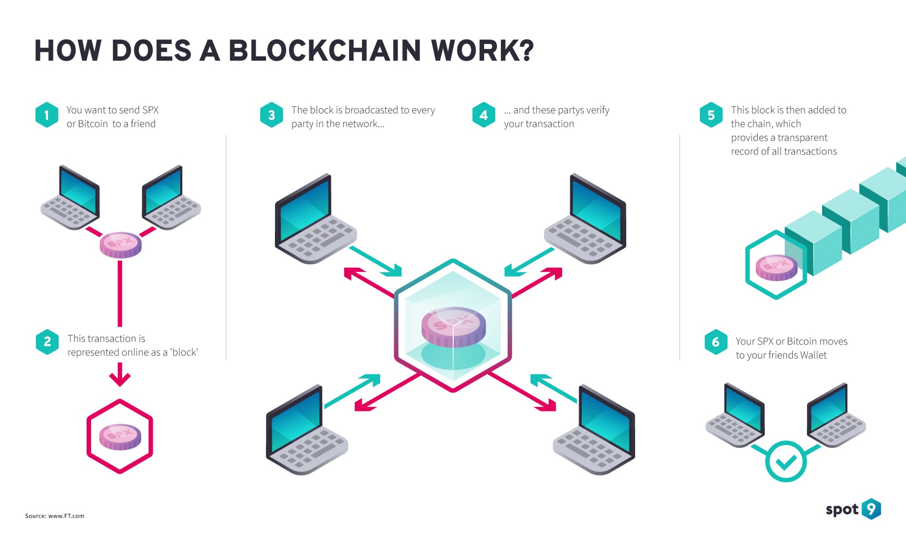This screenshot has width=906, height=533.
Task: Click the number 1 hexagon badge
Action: click(x=47, y=115)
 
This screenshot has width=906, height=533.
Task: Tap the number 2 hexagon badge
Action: click(x=47, y=342)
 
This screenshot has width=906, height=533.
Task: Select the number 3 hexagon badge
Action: click(x=271, y=115)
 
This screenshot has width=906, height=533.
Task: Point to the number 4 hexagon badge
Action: click(x=484, y=115)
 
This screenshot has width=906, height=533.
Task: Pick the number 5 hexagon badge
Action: click(x=711, y=115)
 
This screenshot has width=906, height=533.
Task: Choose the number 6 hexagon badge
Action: click(x=716, y=342)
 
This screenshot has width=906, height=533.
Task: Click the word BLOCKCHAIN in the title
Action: click(x=324, y=50)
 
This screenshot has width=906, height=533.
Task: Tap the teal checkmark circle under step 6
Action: click(x=786, y=461)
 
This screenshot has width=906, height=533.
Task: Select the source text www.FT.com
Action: click(x=66, y=516)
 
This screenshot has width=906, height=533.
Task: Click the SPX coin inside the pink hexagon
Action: click(x=120, y=436)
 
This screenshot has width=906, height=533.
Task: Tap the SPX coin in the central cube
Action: click(x=453, y=326)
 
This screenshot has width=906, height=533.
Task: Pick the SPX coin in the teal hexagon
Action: click(x=776, y=267)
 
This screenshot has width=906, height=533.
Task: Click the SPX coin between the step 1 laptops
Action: click(x=120, y=245)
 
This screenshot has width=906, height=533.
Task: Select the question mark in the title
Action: click(x=526, y=50)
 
